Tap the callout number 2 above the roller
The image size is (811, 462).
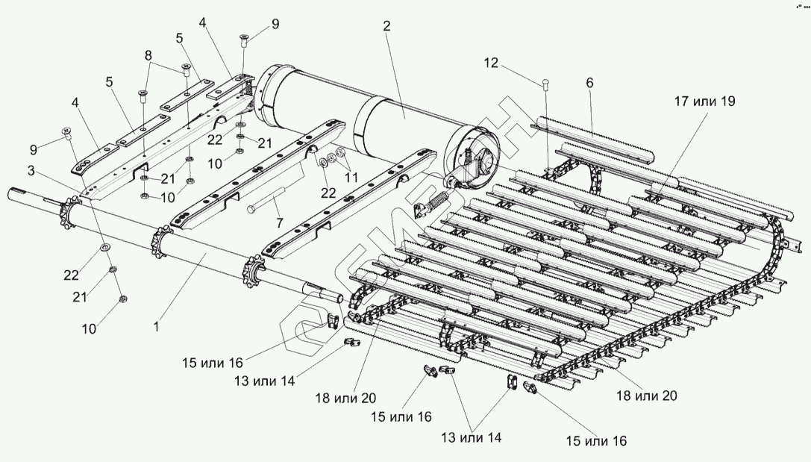coord(386,26)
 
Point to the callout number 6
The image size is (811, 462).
coord(589,84)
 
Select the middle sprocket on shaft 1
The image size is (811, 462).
coord(160,241)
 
